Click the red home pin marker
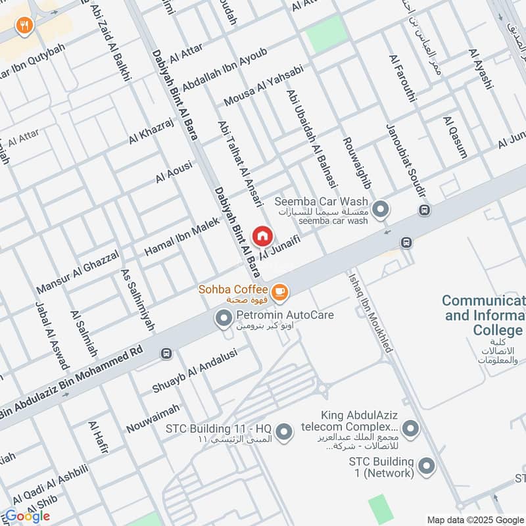(262, 236)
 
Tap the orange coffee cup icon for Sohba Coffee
(279, 290)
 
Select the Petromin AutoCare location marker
(224, 320)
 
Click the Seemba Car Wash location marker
(380, 210)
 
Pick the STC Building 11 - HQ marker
(284, 432)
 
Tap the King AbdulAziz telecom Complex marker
(411, 429)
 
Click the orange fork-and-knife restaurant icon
(24, 26)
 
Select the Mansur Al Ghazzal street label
(78, 271)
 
